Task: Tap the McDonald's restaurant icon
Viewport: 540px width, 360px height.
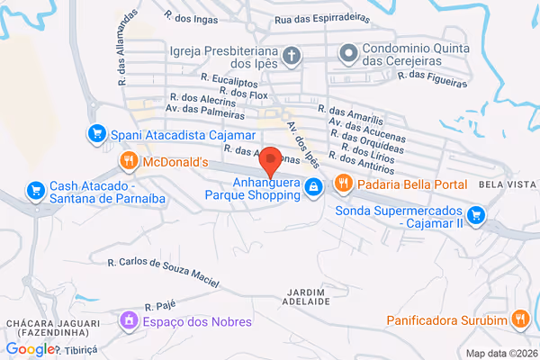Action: coord(129,162)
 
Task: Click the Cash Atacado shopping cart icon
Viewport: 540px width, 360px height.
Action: coord(34,190)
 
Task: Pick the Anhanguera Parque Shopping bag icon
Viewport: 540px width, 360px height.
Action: coord(312,187)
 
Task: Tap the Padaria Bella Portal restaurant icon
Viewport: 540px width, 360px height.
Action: coord(342,184)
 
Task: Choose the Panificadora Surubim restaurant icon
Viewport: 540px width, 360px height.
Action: coord(519,319)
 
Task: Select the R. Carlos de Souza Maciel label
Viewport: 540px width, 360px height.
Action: coord(163,271)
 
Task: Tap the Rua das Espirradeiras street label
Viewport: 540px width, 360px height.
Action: coord(324,17)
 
